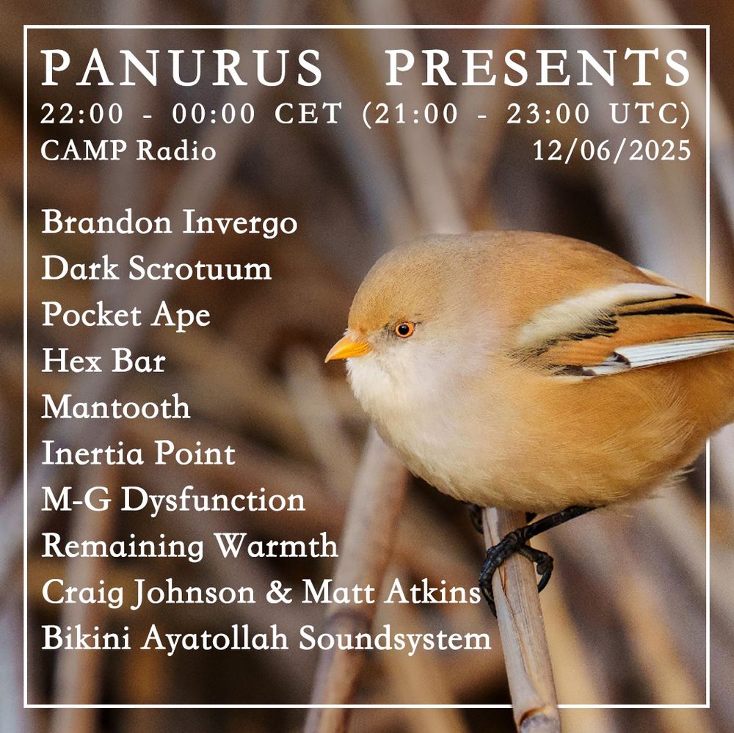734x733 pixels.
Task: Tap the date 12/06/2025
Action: [x=611, y=150]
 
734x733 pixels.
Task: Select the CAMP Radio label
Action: [x=128, y=150]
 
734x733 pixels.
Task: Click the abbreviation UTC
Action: [x=650, y=114]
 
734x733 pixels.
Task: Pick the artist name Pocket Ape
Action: [x=126, y=316]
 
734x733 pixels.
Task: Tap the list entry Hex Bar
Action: [x=103, y=361]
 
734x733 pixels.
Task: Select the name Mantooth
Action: [x=116, y=407]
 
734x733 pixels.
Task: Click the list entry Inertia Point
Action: [x=138, y=453]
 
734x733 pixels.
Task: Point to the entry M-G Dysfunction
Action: [x=172, y=500]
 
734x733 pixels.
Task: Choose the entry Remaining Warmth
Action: [x=189, y=547]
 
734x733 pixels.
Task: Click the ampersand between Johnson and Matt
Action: [x=277, y=592]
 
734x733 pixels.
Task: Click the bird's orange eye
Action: [x=404, y=329]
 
